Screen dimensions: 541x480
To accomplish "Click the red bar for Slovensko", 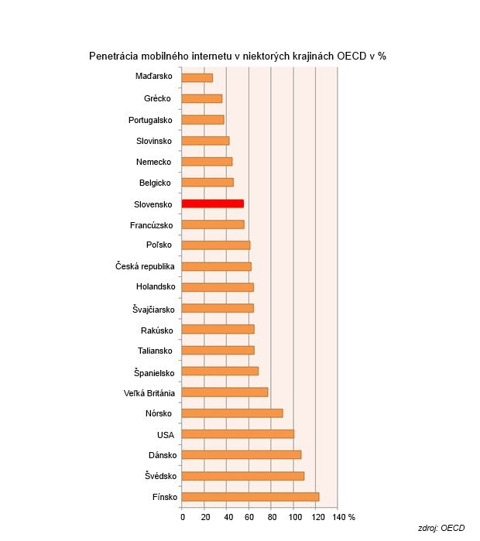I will coord(212,204).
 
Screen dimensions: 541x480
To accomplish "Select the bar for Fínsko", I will coord(250,497).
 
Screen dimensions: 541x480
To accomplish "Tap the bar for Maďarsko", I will coord(197,77).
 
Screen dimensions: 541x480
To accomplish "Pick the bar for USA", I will coord(238,434).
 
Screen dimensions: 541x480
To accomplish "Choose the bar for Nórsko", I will coord(232,413).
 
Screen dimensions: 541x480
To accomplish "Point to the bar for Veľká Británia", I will coord(225,392).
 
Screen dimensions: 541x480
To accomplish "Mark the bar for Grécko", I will coord(201,98).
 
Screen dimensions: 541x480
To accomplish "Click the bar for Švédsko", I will coord(243,476).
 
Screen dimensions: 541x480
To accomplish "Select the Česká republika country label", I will coord(144,267).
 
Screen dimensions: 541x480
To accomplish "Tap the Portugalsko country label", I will coord(150,120).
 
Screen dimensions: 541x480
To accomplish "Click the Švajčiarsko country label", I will coord(153,310).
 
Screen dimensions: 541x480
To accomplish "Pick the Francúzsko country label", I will coord(152,225).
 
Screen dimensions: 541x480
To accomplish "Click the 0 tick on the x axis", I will coord(183,516).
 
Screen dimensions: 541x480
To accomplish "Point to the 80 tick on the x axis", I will coord(272,516).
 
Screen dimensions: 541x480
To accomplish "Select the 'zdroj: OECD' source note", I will coord(441,528).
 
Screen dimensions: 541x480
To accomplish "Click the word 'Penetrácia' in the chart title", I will coord(114,56).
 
